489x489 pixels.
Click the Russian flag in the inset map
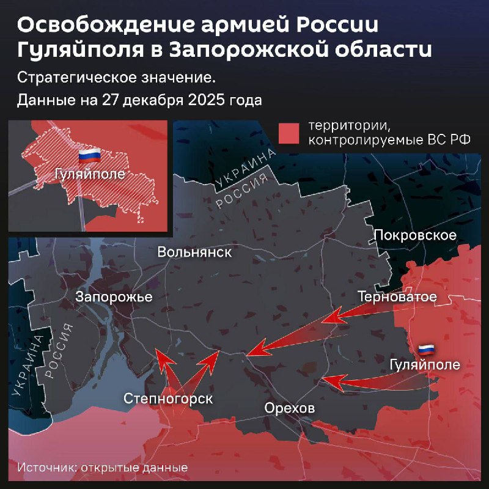tap(89, 155)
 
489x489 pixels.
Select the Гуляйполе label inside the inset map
tap(89, 174)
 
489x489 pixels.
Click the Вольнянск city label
tap(194, 252)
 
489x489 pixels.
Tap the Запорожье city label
tap(114, 296)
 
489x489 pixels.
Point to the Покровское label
tap(415, 235)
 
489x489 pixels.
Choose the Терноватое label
tap(397, 297)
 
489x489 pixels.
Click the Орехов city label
tap(290, 408)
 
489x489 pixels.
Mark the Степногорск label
tap(168, 399)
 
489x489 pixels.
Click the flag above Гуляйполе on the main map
tap(426, 350)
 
